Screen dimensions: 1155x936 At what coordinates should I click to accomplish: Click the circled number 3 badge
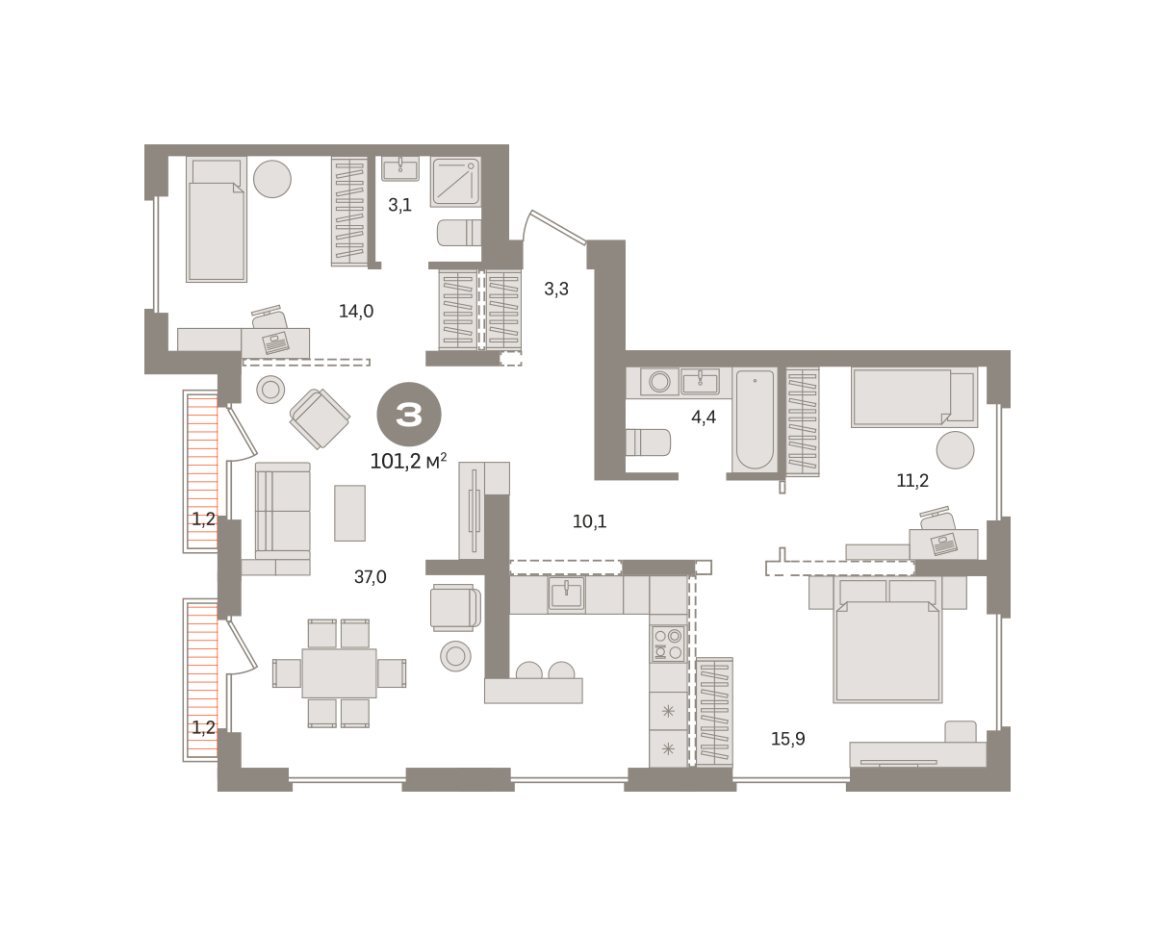[409, 414]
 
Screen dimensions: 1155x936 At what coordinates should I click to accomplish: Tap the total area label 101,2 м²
[408, 461]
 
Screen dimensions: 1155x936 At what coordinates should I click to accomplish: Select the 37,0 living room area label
[371, 577]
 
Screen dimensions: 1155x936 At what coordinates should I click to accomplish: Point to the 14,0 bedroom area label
[356, 311]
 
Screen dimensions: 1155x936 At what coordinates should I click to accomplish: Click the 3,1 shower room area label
[399, 205]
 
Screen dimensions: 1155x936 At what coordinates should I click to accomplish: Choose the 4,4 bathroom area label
[704, 417]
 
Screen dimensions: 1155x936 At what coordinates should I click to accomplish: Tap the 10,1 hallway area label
[589, 521]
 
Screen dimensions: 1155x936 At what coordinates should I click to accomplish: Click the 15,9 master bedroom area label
[788, 739]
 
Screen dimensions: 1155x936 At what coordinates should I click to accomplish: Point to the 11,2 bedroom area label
[912, 480]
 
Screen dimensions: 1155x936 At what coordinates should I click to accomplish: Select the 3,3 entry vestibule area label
[556, 289]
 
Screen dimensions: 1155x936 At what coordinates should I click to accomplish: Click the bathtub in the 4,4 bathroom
[755, 419]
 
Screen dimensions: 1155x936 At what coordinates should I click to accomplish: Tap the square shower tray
[455, 182]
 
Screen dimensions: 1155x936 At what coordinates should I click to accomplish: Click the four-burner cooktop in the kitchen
[668, 644]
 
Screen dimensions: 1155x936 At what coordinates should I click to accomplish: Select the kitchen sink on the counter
[566, 594]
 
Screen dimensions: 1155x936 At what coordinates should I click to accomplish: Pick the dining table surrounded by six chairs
[339, 673]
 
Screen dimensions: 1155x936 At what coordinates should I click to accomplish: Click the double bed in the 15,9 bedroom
[887, 640]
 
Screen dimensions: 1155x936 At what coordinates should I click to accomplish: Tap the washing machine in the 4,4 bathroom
[659, 382]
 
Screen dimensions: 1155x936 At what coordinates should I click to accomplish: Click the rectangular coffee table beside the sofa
[349, 513]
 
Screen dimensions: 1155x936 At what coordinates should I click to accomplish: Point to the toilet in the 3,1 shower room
[459, 233]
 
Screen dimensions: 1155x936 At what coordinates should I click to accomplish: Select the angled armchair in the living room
[320, 418]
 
